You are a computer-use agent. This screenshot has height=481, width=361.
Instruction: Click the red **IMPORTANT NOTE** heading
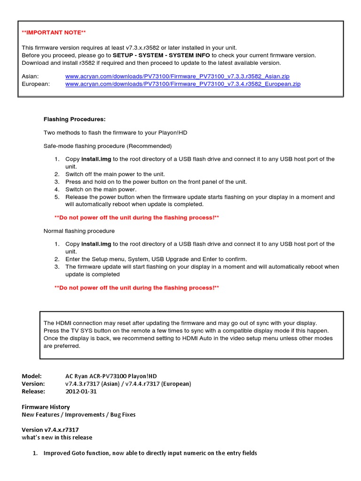(x=54, y=32)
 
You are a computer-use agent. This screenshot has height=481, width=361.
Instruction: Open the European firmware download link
(x=182, y=84)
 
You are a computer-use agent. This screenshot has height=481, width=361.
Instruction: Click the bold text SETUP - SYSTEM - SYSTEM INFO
(x=162, y=55)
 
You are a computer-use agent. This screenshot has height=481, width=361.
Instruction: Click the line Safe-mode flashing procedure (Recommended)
(x=108, y=146)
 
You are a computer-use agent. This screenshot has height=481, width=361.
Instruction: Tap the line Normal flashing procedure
(x=79, y=231)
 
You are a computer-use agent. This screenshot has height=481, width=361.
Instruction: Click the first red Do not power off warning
(x=137, y=217)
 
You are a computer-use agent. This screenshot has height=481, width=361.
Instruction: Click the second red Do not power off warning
(x=137, y=287)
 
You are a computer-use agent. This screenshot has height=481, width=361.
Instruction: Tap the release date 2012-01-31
(x=81, y=391)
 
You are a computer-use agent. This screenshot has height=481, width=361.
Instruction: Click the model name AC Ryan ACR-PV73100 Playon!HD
(x=111, y=376)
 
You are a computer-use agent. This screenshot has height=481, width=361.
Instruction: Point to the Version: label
(x=33, y=384)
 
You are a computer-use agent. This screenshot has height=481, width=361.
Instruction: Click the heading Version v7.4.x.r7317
(x=50, y=430)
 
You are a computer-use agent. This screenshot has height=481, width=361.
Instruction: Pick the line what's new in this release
(x=57, y=437)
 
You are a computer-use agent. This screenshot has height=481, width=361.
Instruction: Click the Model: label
(x=32, y=376)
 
